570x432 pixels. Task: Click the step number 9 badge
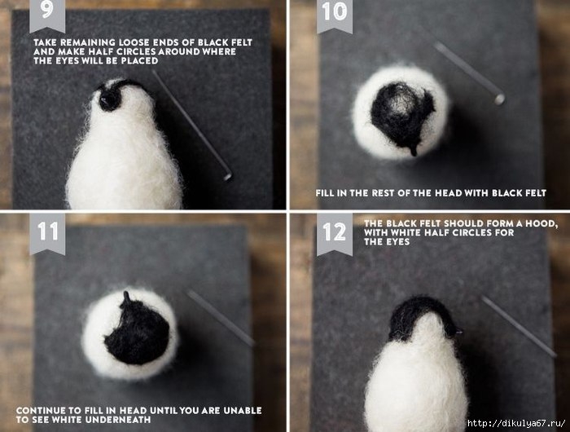pyautogui.click(x=47, y=15)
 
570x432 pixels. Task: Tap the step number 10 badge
pyautogui.click(x=335, y=15)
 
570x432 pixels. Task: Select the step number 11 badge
pyautogui.click(x=47, y=233)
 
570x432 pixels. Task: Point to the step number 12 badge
pyautogui.click(x=335, y=234)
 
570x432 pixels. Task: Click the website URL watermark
pyautogui.click(x=516, y=423)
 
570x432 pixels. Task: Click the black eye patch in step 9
pyautogui.click(x=109, y=98)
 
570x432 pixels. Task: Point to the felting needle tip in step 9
pyautogui.click(x=228, y=177)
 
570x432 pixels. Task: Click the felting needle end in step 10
pyautogui.click(x=499, y=99)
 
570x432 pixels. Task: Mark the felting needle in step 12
pyautogui.click(x=520, y=327)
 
